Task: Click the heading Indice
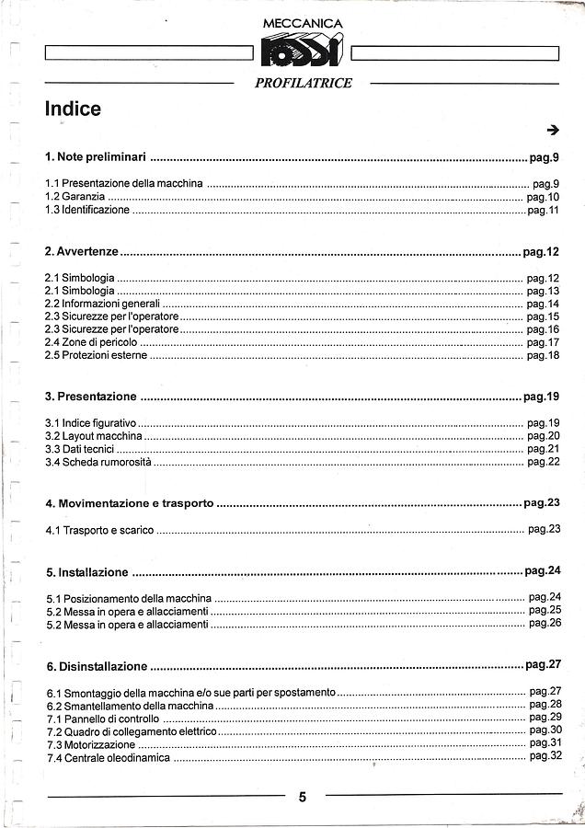tap(73, 109)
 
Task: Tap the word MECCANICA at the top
tap(303, 23)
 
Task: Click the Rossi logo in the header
tap(302, 52)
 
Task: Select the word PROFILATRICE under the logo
tap(303, 83)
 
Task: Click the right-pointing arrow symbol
tap(552, 130)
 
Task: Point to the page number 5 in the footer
tap(303, 798)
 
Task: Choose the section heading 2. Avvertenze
tap(82, 251)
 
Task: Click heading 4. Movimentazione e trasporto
tap(130, 504)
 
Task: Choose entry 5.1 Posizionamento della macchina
tap(129, 598)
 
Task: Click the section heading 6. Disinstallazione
tap(97, 666)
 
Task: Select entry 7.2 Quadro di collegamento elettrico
tap(132, 731)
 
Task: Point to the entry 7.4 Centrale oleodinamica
tap(108, 757)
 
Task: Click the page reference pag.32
tap(545, 755)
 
